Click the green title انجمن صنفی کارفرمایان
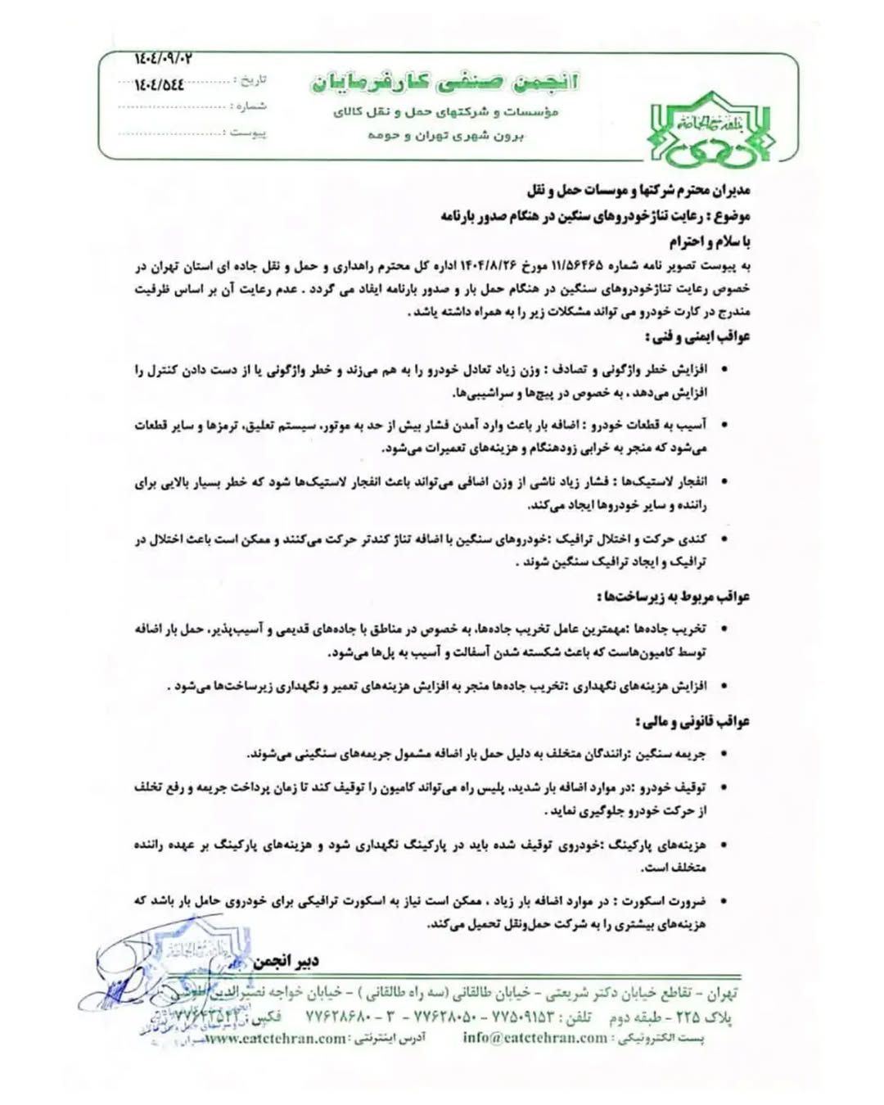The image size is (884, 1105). [x=444, y=82]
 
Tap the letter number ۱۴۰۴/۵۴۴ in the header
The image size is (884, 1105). [x=160, y=84]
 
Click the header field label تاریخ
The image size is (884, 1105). [x=251, y=80]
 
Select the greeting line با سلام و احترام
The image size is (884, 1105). [x=709, y=241]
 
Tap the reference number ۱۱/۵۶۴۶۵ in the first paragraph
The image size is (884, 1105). [x=577, y=266]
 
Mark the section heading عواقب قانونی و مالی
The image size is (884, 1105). [x=691, y=722]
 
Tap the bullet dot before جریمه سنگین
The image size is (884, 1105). [x=724, y=754]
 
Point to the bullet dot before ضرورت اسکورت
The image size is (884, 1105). [x=724, y=901]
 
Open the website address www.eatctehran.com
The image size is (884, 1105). [x=275, y=1039]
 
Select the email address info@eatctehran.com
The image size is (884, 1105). [x=535, y=1037]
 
